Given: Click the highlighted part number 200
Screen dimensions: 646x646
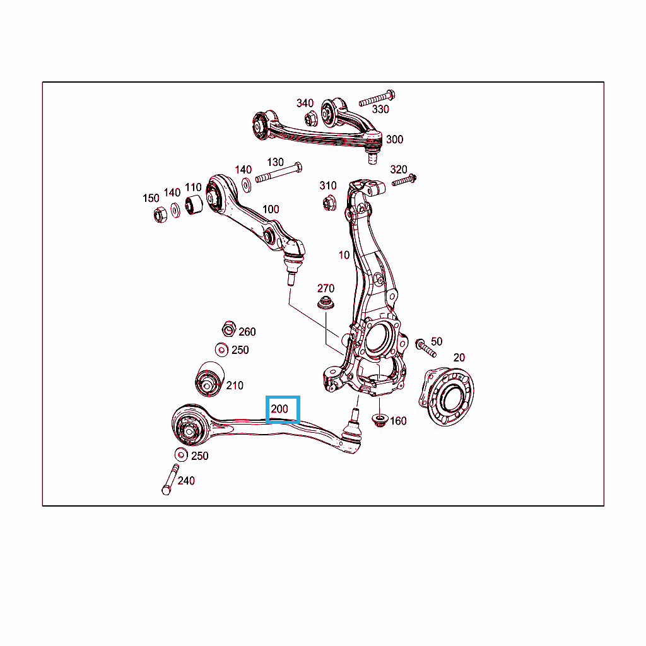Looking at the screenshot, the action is (x=279, y=409).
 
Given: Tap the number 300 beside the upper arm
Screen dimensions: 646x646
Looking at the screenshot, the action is (x=394, y=139).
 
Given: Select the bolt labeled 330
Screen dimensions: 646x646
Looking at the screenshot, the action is (x=377, y=98).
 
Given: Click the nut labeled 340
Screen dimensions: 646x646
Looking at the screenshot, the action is (x=311, y=118).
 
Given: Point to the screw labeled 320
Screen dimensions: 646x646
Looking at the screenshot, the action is (x=404, y=180).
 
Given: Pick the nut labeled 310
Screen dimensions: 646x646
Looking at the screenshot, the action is (x=329, y=203).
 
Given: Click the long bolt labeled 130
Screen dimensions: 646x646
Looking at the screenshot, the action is (x=279, y=173).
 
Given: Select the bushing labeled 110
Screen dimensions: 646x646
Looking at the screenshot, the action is (x=193, y=205).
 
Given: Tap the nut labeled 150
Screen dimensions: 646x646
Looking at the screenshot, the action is (x=160, y=214).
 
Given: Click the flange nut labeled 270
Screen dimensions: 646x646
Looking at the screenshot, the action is (x=326, y=303).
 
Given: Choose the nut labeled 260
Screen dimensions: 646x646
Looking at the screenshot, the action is (x=228, y=329).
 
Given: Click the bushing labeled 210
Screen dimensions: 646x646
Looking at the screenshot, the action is (x=209, y=379).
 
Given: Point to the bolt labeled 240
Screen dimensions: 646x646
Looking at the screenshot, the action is (x=170, y=479).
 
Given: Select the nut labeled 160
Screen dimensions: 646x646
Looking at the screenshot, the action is (x=379, y=421).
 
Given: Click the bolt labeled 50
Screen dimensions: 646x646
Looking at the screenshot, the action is (x=426, y=348).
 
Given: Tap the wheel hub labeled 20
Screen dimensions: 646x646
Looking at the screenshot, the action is (x=447, y=396).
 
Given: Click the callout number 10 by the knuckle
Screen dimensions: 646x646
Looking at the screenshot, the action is (x=344, y=255).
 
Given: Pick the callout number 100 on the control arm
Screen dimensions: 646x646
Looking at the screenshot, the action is (x=271, y=209).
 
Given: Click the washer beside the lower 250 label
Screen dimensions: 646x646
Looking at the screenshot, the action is (x=181, y=454).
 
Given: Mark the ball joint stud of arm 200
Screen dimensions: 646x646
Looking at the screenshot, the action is (x=353, y=415).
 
